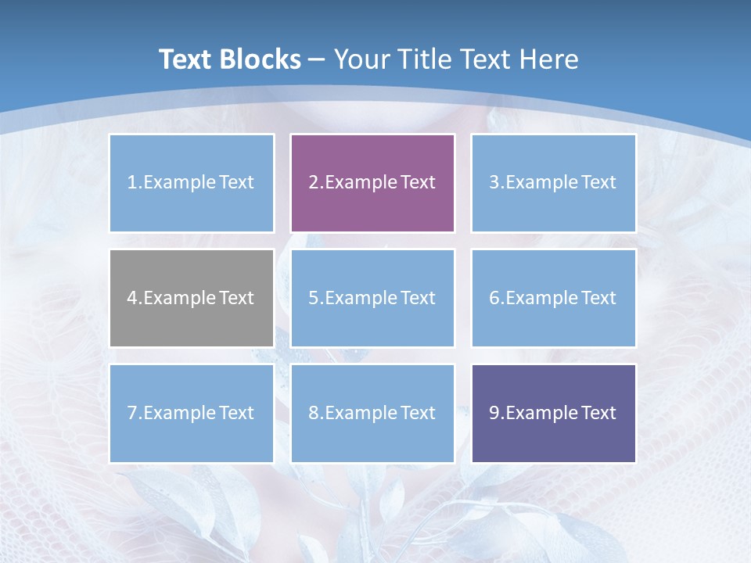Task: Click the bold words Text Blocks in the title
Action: pos(229,59)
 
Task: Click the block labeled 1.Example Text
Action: pos(192,183)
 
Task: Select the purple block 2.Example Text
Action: pos(372,183)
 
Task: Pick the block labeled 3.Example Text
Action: pos(553,183)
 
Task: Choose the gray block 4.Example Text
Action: pos(192,298)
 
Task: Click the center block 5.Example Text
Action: pos(372,298)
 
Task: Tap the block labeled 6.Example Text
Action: pos(553,298)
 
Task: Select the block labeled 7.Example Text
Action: pos(192,413)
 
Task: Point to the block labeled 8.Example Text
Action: pos(372,413)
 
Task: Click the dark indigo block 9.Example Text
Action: pos(553,413)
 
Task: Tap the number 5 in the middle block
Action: pos(313,298)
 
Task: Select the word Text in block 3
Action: pos(598,183)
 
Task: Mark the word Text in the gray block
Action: pos(236,298)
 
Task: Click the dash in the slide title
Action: pos(318,60)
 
